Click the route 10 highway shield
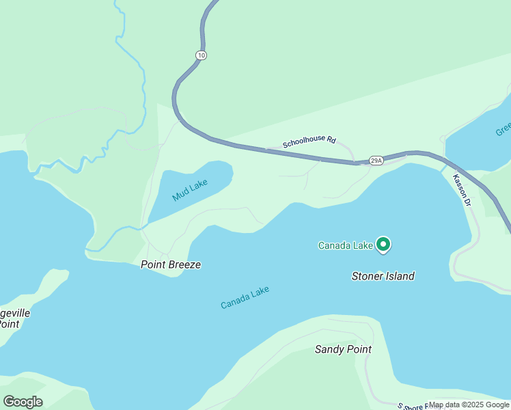coord(200,55)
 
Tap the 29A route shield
coord(376,160)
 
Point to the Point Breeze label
coord(171,264)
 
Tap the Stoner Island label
coord(383,276)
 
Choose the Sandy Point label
coord(343,349)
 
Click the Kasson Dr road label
coord(462,190)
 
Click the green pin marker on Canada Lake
coord(384,244)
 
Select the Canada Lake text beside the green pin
coord(346,245)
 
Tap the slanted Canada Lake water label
coord(245,297)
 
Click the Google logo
coord(23,401)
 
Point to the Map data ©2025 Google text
coord(469,405)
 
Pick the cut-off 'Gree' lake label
coord(503,128)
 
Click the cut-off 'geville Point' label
coord(14,318)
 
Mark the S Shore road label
coord(411,406)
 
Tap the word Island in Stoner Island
coord(398,276)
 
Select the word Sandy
coord(329,349)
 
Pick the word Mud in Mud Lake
coord(180,196)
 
